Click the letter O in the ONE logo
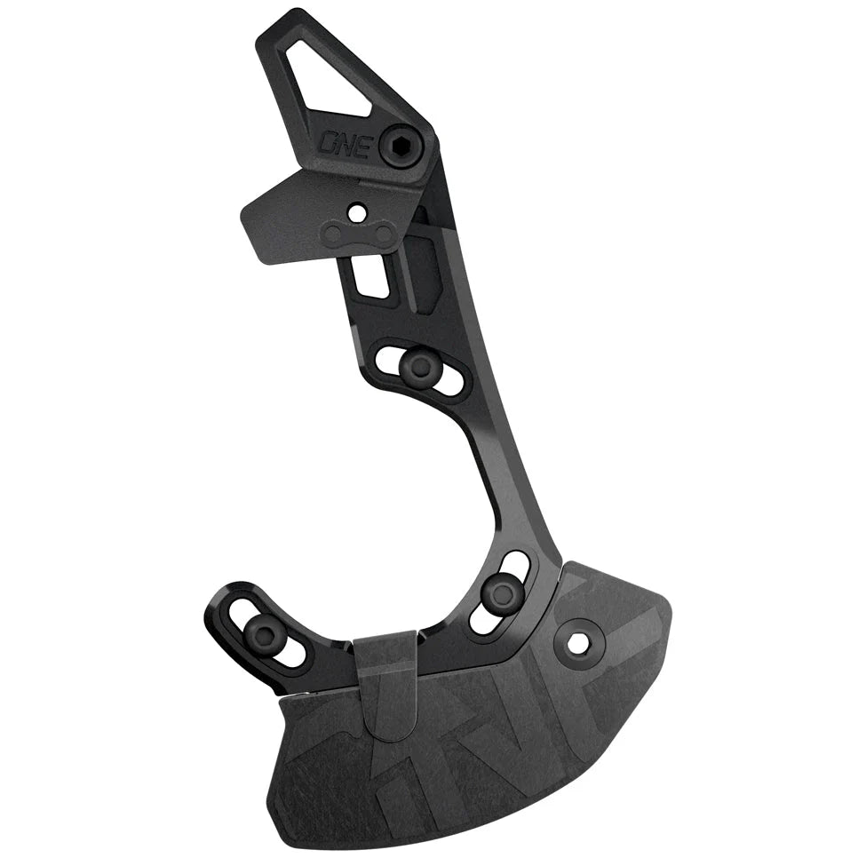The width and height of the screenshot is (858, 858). pyautogui.click(x=330, y=143)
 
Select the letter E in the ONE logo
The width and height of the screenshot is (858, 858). pyautogui.click(x=363, y=145)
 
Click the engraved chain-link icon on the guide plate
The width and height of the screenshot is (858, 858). pyautogui.click(x=360, y=234)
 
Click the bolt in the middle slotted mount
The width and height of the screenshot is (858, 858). pyautogui.click(x=414, y=366)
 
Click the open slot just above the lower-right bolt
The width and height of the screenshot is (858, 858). pyautogui.click(x=515, y=565)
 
